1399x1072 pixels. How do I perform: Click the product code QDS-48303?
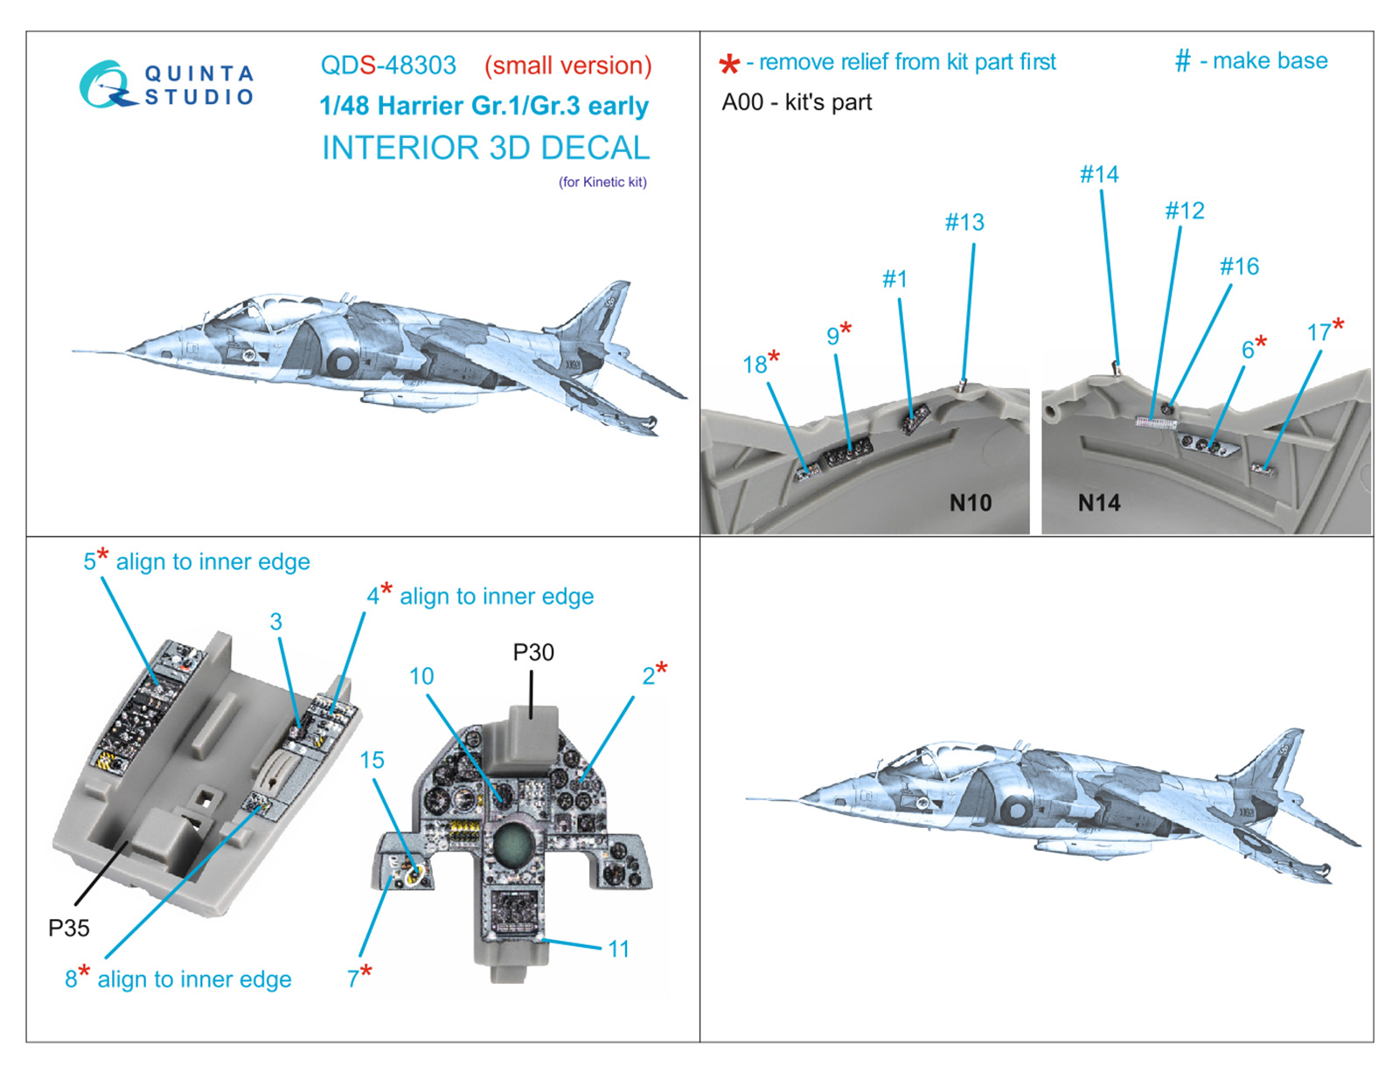pyautogui.click(x=388, y=66)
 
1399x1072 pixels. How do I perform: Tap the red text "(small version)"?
pyautogui.click(x=568, y=66)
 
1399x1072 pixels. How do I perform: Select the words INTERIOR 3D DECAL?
pyautogui.click(x=486, y=148)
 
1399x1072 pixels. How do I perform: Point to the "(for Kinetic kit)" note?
pyautogui.click(x=602, y=182)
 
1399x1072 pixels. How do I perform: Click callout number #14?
pyautogui.click(x=1099, y=174)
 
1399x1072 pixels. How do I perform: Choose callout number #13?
pyautogui.click(x=964, y=222)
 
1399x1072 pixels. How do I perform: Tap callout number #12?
pyautogui.click(x=1185, y=211)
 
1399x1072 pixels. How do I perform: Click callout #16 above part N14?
pyautogui.click(x=1239, y=266)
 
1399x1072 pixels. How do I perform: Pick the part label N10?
pyautogui.click(x=971, y=503)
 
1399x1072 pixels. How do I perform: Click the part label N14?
pyautogui.click(x=1099, y=503)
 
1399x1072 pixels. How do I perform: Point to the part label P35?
pyautogui.click(x=68, y=928)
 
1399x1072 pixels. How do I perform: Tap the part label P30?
pyautogui.click(x=533, y=652)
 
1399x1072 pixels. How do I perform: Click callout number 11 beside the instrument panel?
pyautogui.click(x=618, y=949)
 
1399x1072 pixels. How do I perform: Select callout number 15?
pyautogui.click(x=372, y=760)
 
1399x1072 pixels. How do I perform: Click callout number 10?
pyautogui.click(x=421, y=676)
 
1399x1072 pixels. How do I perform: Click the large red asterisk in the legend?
pyautogui.click(x=729, y=64)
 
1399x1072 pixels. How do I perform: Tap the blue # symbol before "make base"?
pyautogui.click(x=1182, y=60)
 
